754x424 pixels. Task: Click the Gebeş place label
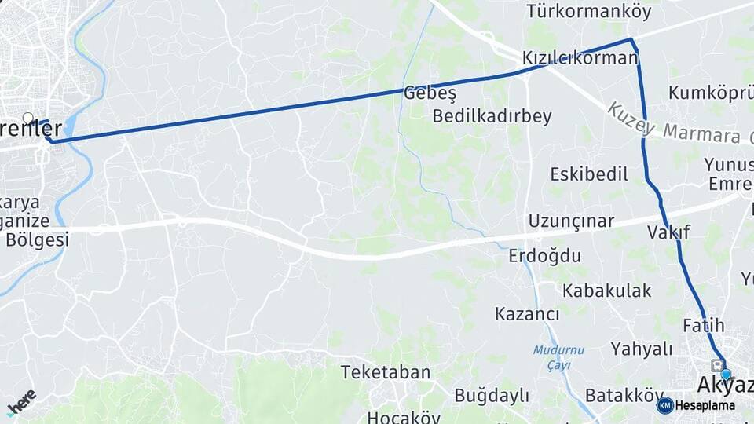(430, 93)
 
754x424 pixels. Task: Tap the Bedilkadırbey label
(492, 116)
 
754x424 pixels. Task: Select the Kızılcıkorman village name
(580, 58)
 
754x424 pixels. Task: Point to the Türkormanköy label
(578, 11)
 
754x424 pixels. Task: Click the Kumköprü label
(710, 93)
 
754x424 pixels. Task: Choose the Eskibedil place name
(589, 174)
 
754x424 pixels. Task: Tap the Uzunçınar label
(571, 221)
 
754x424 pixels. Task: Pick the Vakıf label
(668, 232)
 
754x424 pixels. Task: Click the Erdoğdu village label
(544, 256)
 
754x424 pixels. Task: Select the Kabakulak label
(606, 291)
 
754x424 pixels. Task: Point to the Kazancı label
(527, 314)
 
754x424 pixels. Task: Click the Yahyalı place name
(642, 349)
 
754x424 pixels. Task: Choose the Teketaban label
(386, 372)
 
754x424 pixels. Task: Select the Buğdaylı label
(492, 396)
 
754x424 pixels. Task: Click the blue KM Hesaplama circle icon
(664, 405)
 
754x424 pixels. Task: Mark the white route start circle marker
(28, 119)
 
